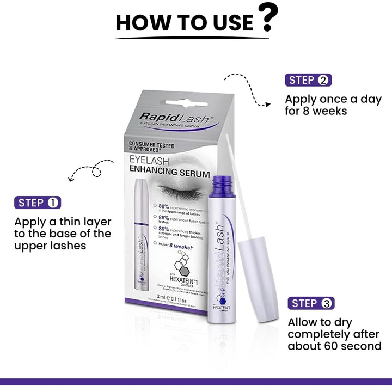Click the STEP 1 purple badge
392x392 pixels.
[37, 203]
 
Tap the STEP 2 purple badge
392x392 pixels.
[308, 80]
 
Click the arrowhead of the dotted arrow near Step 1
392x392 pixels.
[70, 177]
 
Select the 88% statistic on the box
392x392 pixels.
[164, 207]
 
